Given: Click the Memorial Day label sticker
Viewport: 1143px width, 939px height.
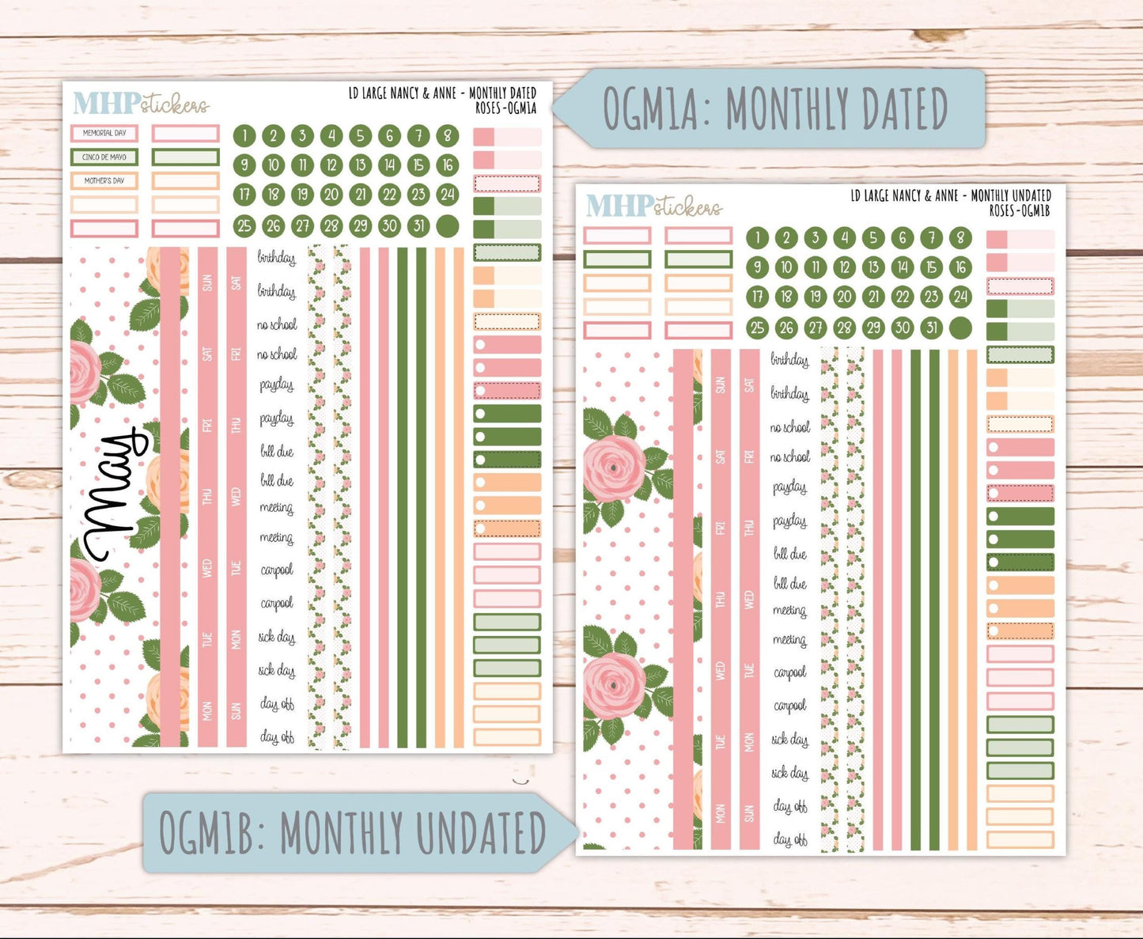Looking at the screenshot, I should pos(104,133).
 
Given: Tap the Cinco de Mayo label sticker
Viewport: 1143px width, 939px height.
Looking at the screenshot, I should pos(104,157).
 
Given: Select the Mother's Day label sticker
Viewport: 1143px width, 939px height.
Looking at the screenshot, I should pos(104,180).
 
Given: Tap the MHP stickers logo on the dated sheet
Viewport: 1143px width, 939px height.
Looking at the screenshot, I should pos(141,104).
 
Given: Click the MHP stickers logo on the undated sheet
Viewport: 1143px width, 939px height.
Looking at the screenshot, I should pos(653,206).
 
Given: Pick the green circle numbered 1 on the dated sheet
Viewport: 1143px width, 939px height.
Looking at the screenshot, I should pos(244,135).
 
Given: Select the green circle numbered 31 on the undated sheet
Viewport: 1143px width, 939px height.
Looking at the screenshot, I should pos(932,328).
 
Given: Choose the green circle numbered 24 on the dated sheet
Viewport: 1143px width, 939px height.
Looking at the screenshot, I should pos(448,194).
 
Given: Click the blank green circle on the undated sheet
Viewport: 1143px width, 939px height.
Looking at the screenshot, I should pos(960,328).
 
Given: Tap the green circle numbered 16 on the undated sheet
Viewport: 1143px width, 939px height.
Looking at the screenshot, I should pos(960,267).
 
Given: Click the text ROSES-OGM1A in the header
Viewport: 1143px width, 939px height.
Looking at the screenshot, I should pos(505,108).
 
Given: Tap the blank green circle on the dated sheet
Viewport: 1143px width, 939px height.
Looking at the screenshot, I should pos(448,225).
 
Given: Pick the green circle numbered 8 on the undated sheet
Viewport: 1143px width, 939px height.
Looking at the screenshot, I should pos(960,237).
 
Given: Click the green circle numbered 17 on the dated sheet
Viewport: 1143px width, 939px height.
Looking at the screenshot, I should pos(244,194).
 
